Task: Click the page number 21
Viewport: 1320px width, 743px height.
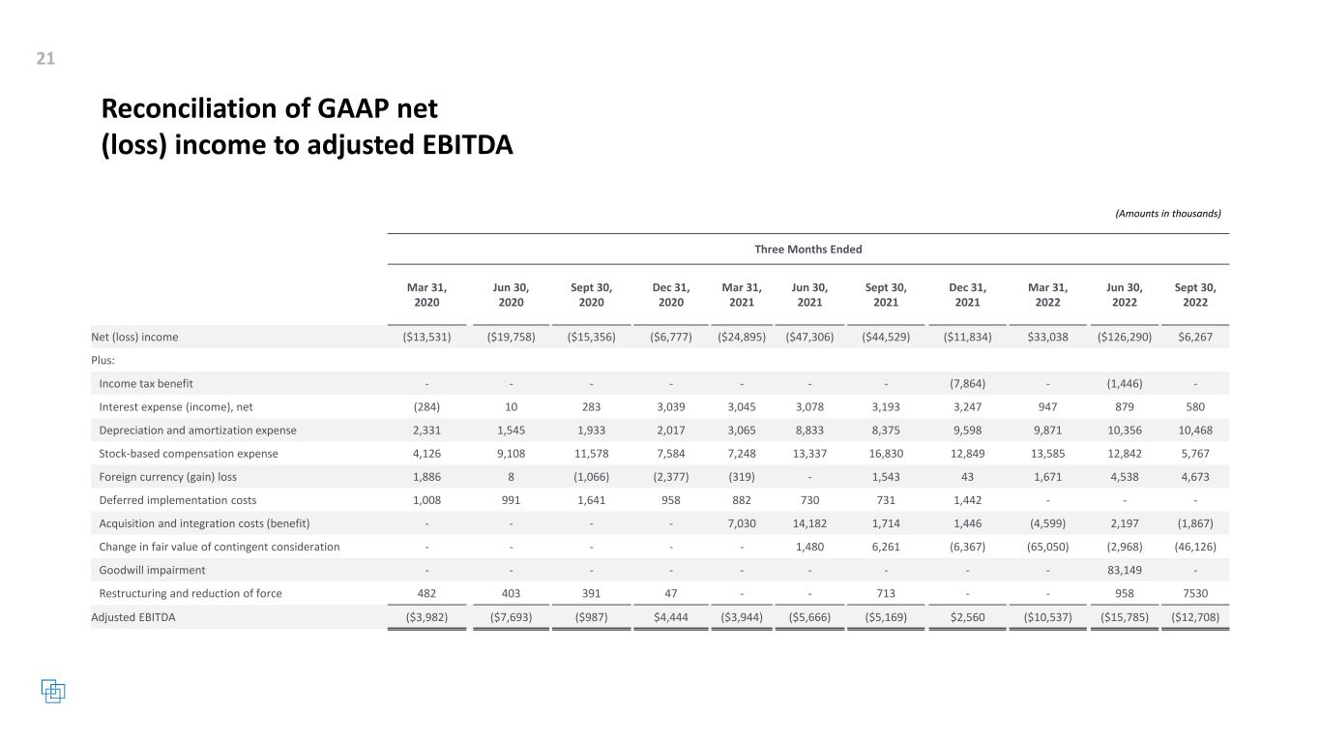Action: pyautogui.click(x=45, y=60)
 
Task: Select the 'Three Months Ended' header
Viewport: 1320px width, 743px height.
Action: pyautogui.click(x=807, y=250)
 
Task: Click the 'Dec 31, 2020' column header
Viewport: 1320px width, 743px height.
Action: pyautogui.click(x=670, y=295)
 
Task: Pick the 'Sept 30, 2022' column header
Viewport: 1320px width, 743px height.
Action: pyautogui.click(x=1194, y=295)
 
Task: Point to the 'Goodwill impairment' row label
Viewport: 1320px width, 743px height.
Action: pyautogui.click(x=152, y=570)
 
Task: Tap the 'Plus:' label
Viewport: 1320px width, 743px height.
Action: pyautogui.click(x=104, y=360)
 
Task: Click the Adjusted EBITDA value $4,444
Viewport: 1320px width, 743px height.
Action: pyautogui.click(x=670, y=617)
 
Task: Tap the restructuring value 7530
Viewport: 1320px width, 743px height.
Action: pyautogui.click(x=1194, y=593)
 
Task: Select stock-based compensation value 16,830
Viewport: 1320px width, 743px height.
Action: pyautogui.click(x=885, y=454)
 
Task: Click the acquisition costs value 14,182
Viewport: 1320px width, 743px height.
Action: pyautogui.click(x=809, y=523)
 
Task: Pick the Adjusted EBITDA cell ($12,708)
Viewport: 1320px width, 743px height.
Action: pyautogui.click(x=1194, y=617)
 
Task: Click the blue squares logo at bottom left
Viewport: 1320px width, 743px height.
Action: pyautogui.click(x=53, y=691)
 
